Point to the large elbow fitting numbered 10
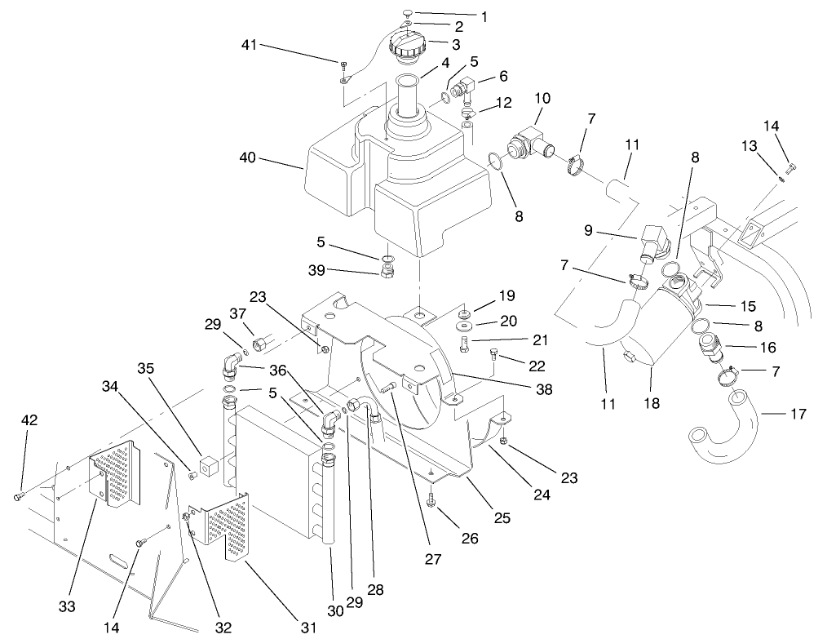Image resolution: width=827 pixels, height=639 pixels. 526,142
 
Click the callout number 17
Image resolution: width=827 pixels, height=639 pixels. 798,415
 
